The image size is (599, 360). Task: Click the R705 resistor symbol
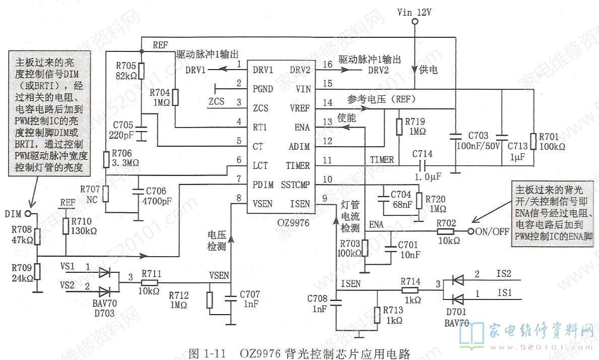[142, 71]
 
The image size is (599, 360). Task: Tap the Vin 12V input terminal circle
[415, 21]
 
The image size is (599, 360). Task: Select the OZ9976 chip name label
[293, 223]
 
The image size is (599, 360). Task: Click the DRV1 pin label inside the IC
[263, 70]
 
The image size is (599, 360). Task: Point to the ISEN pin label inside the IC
[300, 204]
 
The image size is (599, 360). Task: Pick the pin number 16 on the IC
[327, 64]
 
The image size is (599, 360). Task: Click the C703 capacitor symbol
[455, 136]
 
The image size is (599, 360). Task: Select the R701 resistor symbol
[534, 141]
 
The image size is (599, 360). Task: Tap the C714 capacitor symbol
[422, 165]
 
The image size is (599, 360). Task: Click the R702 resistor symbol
[446, 231]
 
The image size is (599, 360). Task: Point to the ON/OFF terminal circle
[471, 231]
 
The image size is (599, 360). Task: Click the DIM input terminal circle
[27, 214]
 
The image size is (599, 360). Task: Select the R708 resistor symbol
[37, 236]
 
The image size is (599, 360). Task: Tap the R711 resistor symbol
[150, 283]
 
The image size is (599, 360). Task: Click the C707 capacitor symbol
[231, 297]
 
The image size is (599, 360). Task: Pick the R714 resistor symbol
[411, 290]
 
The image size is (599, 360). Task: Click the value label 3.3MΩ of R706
[125, 163]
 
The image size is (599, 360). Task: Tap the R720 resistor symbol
[420, 201]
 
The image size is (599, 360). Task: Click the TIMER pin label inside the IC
[298, 166]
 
